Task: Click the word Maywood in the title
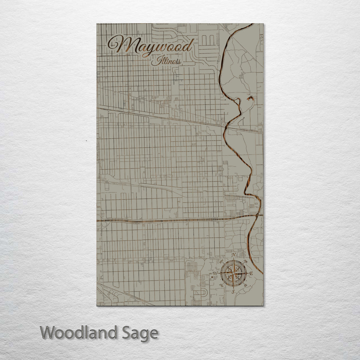[x=152, y=46]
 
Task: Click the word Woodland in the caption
[x=79, y=333]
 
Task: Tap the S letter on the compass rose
[x=233, y=291]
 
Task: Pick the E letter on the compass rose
[x=251, y=274]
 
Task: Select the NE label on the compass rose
[x=246, y=261]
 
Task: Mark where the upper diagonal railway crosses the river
[x=228, y=127]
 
